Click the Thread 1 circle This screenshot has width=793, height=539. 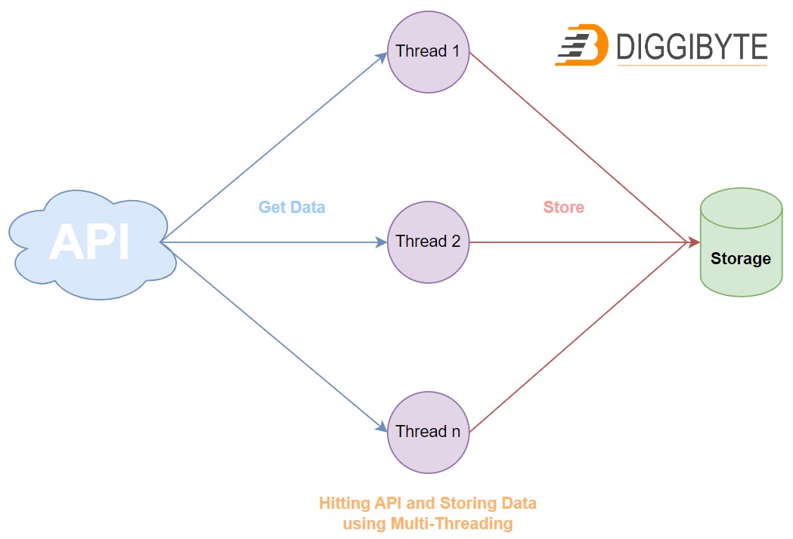pyautogui.click(x=428, y=52)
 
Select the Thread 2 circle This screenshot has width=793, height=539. pyautogui.click(x=428, y=242)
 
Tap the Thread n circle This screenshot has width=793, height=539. pyautogui.click(x=428, y=433)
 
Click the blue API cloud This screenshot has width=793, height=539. pyautogui.click(x=89, y=242)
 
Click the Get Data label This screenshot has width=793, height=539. pyautogui.click(x=292, y=207)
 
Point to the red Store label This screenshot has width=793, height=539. pyautogui.click(x=564, y=207)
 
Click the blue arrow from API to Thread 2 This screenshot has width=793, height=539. pyautogui.click(x=272, y=242)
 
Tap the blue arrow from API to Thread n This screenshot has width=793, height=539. pyautogui.click(x=272, y=337)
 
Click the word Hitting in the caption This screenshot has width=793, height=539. pyautogui.click(x=344, y=503)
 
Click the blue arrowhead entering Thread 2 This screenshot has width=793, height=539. pyautogui.click(x=382, y=242)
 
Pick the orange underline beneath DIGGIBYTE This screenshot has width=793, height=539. pyautogui.click(x=692, y=66)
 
